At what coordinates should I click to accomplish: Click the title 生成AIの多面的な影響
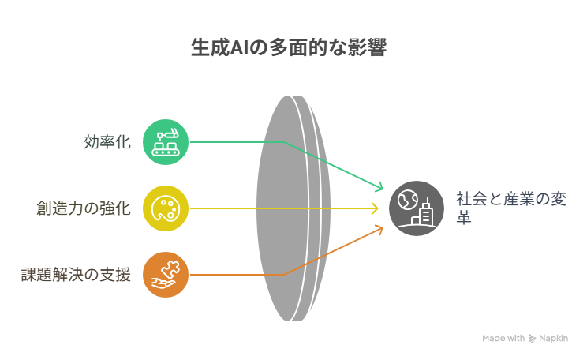289,47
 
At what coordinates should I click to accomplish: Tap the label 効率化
107,142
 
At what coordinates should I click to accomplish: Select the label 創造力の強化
84,208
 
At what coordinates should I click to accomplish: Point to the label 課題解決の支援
76,275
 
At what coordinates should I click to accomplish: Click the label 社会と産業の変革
511,208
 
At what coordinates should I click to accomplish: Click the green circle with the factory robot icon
166,142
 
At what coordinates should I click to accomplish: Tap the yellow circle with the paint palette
166,208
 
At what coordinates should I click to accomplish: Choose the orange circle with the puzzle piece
166,275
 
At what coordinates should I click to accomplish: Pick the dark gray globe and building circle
417,208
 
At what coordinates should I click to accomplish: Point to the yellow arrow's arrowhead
375,208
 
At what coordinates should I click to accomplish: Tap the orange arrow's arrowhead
379,229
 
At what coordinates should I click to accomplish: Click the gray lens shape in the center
293,208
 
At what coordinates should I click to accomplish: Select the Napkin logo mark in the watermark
532,339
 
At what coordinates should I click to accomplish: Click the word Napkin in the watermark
553,338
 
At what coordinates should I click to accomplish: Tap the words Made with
503,338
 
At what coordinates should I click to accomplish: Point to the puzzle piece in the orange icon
170,269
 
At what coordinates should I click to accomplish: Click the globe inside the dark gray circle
407,199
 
